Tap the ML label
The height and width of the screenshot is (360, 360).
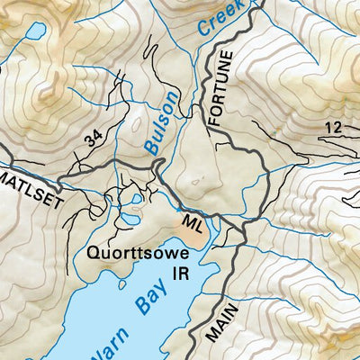[193, 220]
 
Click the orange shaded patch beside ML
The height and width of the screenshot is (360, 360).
[192, 236]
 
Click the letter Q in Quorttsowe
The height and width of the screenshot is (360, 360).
[93, 254]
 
